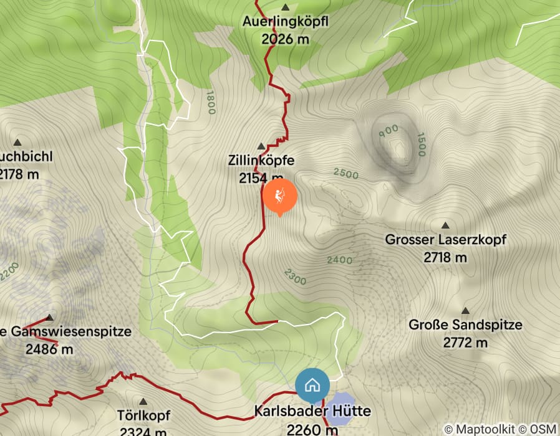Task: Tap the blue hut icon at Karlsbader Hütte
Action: [x=312, y=386]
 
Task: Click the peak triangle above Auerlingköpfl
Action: [x=286, y=8]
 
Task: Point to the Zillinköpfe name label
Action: [x=261, y=161]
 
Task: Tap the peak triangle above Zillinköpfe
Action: [x=261, y=146]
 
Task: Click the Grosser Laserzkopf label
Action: [x=445, y=240]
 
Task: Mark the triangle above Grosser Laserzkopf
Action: [x=445, y=225]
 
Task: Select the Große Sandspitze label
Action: [x=465, y=325]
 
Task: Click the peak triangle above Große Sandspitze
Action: [x=465, y=311]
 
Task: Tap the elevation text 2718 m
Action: [x=445, y=257]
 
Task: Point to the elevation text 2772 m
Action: [x=465, y=342]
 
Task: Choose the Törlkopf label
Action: [x=144, y=415]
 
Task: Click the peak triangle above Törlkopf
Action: [x=144, y=402]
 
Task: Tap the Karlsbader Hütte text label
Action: [x=312, y=412]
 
